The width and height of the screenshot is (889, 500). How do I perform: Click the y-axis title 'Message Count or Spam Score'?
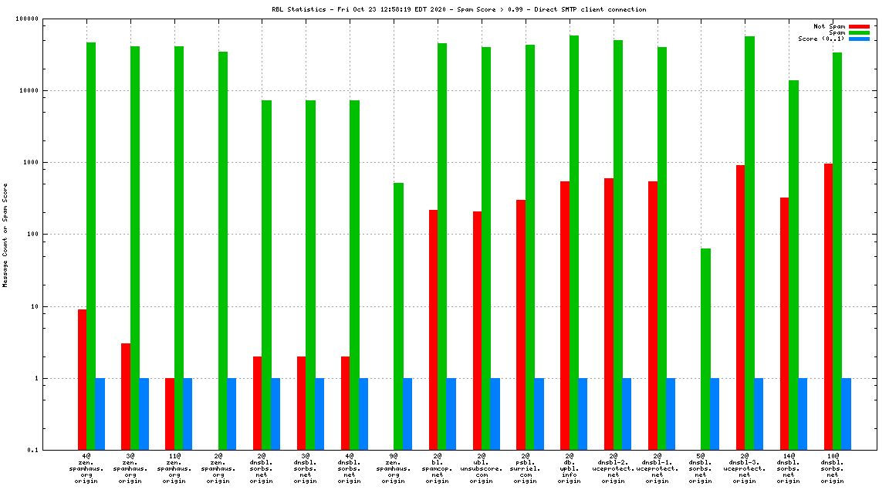5,235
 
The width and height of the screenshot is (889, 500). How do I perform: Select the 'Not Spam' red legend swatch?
859,26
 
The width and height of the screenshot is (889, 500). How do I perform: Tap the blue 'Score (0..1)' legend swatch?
859,39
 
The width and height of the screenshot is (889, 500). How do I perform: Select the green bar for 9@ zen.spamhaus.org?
398,316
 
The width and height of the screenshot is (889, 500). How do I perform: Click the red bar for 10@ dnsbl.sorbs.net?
828,306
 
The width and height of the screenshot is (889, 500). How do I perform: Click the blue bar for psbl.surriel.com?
539,414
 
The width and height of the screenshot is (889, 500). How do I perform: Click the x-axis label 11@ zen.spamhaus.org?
174,468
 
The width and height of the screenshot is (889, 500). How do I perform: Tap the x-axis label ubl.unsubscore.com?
481,468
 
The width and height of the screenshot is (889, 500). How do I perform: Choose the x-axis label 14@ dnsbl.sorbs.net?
788,468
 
